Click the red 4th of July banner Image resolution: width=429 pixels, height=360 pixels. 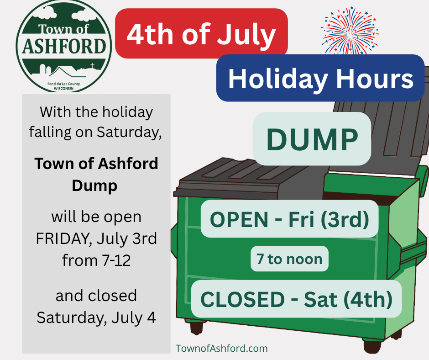(x=201, y=33)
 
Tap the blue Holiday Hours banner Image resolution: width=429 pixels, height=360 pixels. (x=320, y=78)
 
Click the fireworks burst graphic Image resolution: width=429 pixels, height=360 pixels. (x=350, y=31)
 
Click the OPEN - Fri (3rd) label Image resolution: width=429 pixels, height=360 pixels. (x=289, y=219)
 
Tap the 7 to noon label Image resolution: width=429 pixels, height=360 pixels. (x=289, y=259)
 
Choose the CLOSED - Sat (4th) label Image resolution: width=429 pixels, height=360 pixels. (x=296, y=299)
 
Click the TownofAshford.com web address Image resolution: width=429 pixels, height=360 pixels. (x=222, y=349)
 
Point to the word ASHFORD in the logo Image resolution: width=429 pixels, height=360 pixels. (x=64, y=46)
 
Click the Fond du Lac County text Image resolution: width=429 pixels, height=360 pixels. (x=64, y=84)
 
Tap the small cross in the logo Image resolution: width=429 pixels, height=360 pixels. (x=93, y=65)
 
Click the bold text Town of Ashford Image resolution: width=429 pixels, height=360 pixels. (x=96, y=164)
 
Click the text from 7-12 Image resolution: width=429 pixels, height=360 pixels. (x=96, y=260)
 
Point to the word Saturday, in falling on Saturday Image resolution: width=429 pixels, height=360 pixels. (x=129, y=132)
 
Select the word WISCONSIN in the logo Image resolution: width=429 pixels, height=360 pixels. (x=64, y=89)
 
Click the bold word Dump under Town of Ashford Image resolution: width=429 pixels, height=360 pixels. (x=94, y=186)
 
